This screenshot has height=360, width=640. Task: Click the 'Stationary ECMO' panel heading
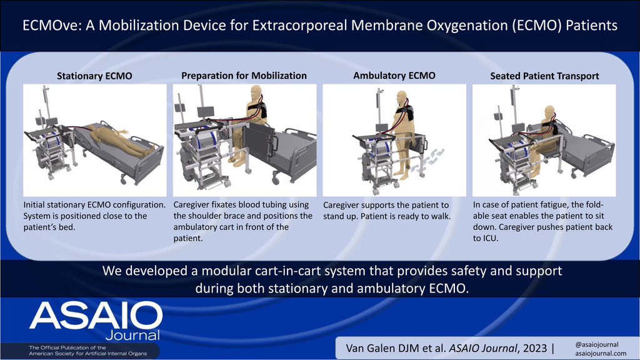click(94, 76)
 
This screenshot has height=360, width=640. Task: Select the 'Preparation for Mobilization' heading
click(244, 76)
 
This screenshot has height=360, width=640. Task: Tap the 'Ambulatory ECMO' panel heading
click(394, 76)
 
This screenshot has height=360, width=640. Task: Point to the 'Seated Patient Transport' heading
click(544, 76)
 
